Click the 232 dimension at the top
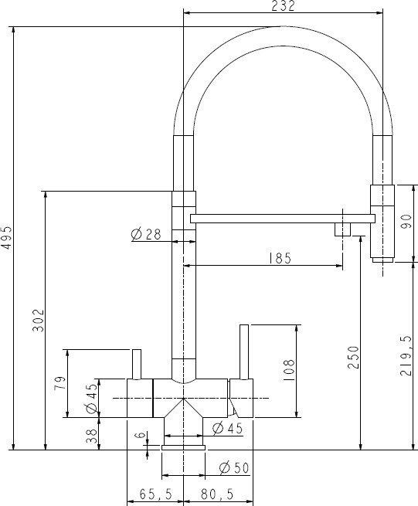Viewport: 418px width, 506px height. click(x=283, y=5)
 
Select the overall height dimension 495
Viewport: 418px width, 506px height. click(x=6, y=237)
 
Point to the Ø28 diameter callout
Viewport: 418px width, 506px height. click(x=146, y=234)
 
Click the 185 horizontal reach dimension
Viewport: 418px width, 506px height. click(x=280, y=258)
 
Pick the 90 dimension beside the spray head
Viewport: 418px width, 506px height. click(x=406, y=222)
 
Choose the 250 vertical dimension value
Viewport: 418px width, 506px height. click(x=353, y=357)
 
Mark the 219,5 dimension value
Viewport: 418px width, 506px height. click(x=406, y=355)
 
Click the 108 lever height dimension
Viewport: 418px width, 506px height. click(x=289, y=371)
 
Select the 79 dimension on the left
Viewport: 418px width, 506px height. click(x=60, y=382)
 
